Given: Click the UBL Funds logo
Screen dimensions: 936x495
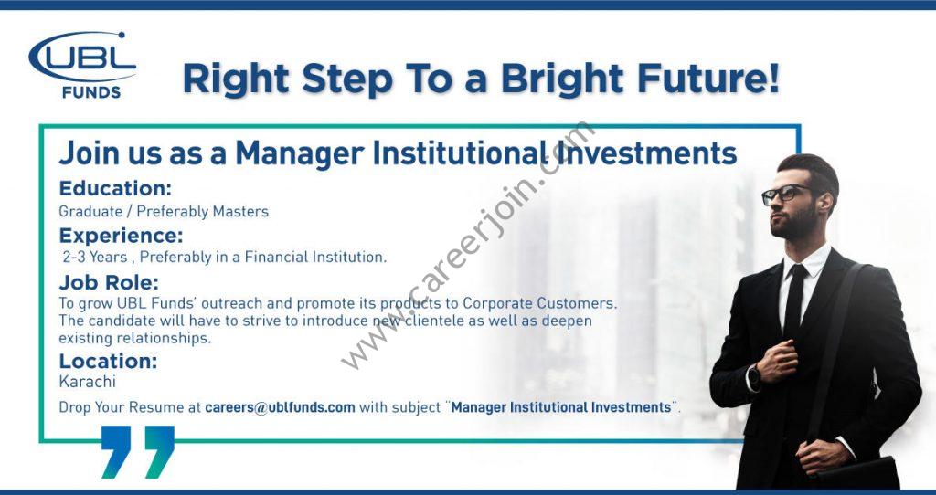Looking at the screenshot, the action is pos(82,65).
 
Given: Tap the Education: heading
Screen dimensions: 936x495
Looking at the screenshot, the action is pos(115,188).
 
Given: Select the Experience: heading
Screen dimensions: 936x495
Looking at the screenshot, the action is pos(122,237).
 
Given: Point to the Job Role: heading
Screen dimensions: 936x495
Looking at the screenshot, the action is pos(109,282).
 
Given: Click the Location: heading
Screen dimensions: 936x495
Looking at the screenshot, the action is pos(108,361).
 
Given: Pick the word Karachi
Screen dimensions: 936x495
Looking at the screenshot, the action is pos(87,381).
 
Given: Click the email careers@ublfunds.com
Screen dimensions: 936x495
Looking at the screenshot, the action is pos(280,408).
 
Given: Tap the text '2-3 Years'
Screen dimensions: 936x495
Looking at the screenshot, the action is pos(95,257).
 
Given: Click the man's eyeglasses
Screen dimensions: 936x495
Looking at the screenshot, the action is pos(785,195).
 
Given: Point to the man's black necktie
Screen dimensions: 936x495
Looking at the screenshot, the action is pos(794,303).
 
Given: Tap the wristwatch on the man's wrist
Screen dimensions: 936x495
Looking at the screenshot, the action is pos(753,378).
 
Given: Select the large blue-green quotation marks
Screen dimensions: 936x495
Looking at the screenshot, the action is pos(138,451).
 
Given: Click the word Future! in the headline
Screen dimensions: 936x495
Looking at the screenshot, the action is pos(709,79).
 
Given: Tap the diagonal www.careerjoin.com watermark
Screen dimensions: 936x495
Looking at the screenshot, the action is pos(469,245).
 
